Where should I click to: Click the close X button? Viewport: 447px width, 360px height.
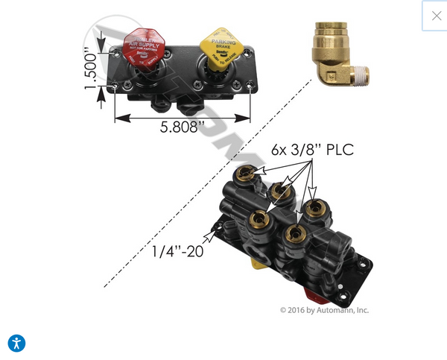tap(436, 16)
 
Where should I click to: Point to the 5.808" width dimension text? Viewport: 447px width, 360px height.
tap(179, 127)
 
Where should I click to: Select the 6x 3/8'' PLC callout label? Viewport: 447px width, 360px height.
tap(312, 150)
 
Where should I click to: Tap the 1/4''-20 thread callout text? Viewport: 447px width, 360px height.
tap(177, 251)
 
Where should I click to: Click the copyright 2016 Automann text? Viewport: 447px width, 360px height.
tap(324, 310)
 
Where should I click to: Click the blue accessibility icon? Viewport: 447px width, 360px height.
tap(16, 343)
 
